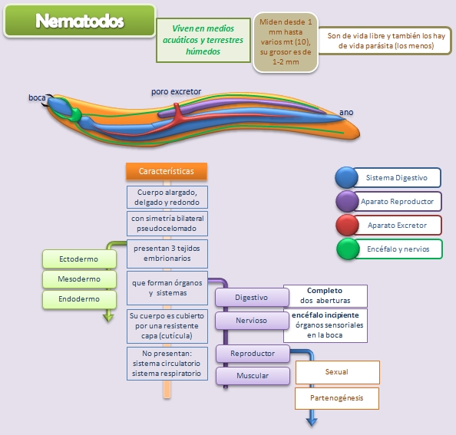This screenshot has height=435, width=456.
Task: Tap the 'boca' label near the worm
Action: [x=37, y=97]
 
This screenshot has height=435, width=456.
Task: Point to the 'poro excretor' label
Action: [x=176, y=91]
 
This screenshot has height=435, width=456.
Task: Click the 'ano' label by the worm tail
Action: [x=346, y=113]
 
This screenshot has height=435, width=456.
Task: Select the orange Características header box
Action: [x=166, y=171]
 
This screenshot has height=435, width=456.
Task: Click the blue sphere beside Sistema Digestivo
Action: [x=346, y=178]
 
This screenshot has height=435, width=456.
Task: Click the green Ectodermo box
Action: [x=78, y=259]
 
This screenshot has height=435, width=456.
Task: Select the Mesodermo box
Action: [x=78, y=279]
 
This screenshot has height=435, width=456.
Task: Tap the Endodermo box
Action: [x=78, y=299]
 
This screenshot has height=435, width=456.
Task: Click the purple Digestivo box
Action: [x=251, y=297]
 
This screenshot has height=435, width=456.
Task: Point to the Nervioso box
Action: [x=251, y=320]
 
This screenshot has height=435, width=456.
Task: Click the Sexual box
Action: [x=336, y=372]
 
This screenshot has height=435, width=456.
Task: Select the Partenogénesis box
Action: [x=336, y=398]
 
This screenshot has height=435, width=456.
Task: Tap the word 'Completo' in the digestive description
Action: [x=325, y=291]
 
